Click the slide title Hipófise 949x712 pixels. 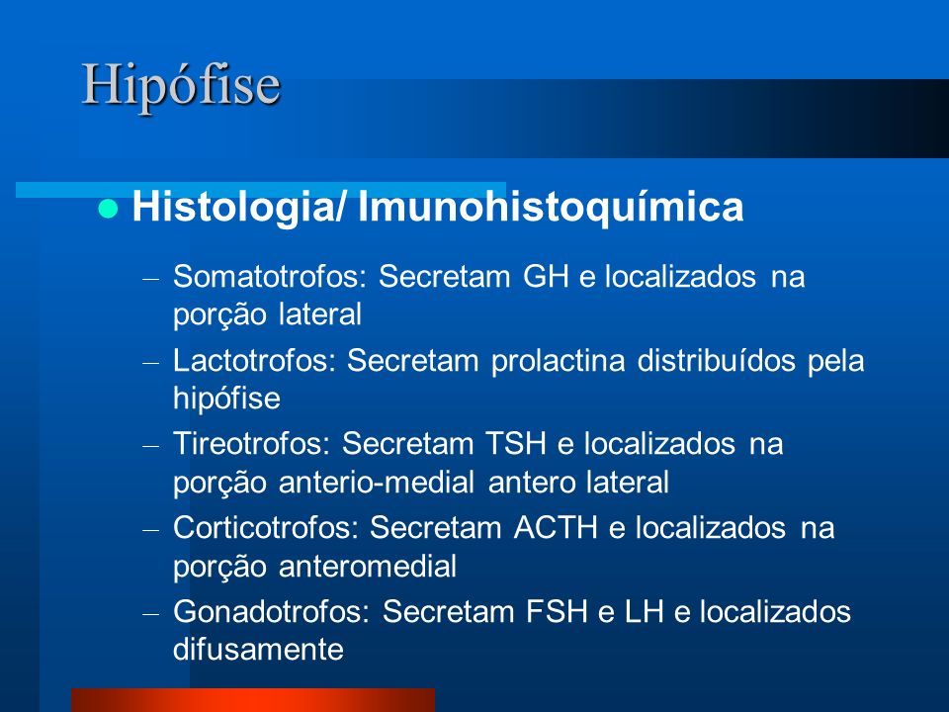point(181,86)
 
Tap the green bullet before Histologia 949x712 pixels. point(108,209)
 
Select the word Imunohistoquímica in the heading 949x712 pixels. point(551,208)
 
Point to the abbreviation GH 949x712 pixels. point(546,277)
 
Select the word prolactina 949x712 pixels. point(558,361)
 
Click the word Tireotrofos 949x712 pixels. point(251,444)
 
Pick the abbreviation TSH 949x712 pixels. point(516,444)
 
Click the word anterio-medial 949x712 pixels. point(377,483)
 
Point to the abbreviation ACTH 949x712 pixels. point(556,527)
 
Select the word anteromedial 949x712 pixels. point(368,567)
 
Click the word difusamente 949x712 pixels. point(258,650)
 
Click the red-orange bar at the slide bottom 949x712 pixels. point(253,700)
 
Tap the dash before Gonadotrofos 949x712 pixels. point(150,614)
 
